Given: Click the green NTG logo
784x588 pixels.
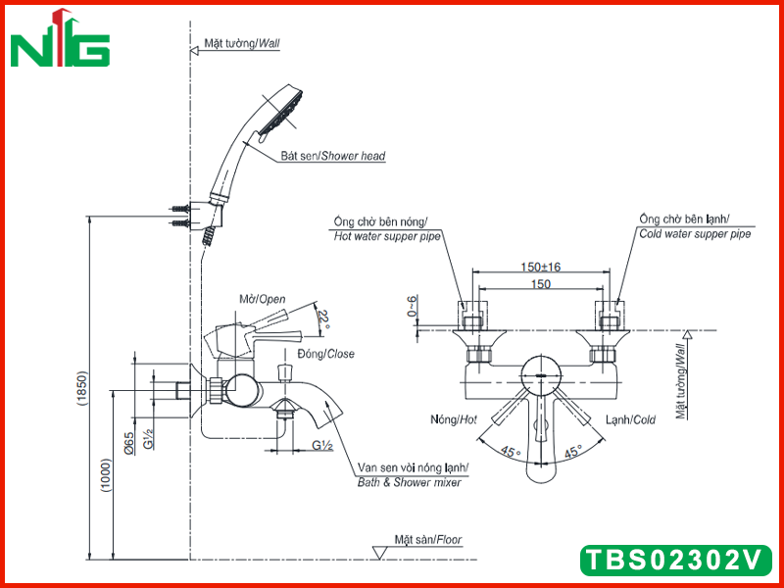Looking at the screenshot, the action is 60,39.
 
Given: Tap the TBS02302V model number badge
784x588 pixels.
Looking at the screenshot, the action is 676,560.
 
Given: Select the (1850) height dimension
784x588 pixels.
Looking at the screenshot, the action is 82,388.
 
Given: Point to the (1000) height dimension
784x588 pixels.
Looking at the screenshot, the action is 107,475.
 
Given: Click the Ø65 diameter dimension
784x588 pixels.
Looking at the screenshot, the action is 129,443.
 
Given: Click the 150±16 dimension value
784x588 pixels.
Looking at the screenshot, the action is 541,267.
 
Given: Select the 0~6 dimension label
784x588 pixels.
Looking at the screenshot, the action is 412,306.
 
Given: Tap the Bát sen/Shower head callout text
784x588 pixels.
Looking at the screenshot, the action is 333,156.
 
